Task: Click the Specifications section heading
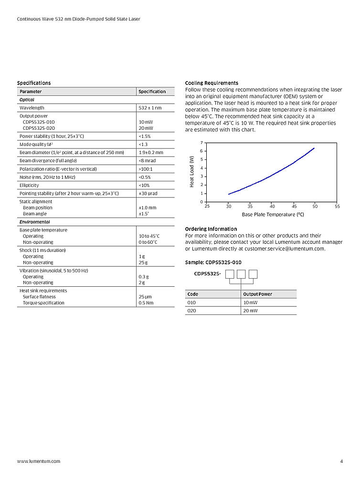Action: tap(34, 83)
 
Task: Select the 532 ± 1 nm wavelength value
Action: tap(150, 108)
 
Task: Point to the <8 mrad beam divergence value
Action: tap(147, 161)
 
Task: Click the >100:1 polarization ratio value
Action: tap(146, 169)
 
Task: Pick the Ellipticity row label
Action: tap(29, 185)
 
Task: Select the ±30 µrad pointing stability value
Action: tap(148, 193)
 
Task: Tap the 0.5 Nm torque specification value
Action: tap(146, 303)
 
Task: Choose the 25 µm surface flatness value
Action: tap(145, 297)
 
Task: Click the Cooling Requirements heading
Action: tap(212, 83)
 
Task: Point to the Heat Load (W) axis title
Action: tap(192, 172)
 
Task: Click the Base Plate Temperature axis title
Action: tap(273, 215)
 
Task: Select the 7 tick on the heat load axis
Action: tap(202, 143)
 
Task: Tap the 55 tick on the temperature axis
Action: tap(337, 206)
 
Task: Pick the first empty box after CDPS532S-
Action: tap(230, 274)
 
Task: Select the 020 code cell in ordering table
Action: tap(192, 311)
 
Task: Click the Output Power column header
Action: tap(258, 294)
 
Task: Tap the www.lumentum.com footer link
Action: tap(39, 461)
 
